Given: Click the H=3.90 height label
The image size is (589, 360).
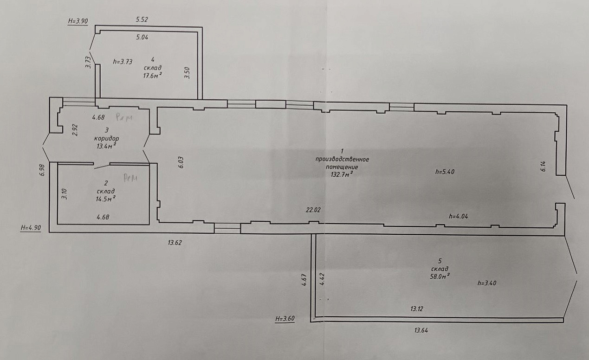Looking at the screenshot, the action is coord(78,21).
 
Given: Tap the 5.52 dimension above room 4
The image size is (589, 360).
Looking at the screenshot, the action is coord(142,19).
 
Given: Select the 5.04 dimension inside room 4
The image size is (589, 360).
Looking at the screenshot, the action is coord(142,37).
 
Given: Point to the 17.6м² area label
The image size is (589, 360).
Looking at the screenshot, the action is coord(152,76).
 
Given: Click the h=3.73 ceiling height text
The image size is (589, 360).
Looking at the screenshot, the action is coord(123,62).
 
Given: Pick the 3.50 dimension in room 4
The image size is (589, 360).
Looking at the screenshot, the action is coord(187,73).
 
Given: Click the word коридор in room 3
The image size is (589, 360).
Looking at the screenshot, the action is coord(107,139).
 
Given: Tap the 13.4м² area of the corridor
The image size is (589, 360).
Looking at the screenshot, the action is coord(106,146).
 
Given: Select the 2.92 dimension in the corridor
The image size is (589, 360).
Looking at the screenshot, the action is coord(75,130).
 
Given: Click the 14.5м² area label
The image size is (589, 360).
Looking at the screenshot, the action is coord(106,199).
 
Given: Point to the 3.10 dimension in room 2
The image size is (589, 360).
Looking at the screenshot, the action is coord(65,194).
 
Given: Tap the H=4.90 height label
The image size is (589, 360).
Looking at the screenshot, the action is coord(31,227).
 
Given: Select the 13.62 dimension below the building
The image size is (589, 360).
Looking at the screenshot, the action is coord(175,243).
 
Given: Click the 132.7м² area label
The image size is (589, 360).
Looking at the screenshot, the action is coord(342,174).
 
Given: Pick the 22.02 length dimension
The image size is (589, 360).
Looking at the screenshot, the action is coord(313,210).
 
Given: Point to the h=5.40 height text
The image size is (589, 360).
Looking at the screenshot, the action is coord(445,172).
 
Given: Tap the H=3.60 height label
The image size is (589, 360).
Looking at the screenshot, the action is coord(285,319).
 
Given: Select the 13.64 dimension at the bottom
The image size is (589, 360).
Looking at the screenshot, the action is coord(421,330).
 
